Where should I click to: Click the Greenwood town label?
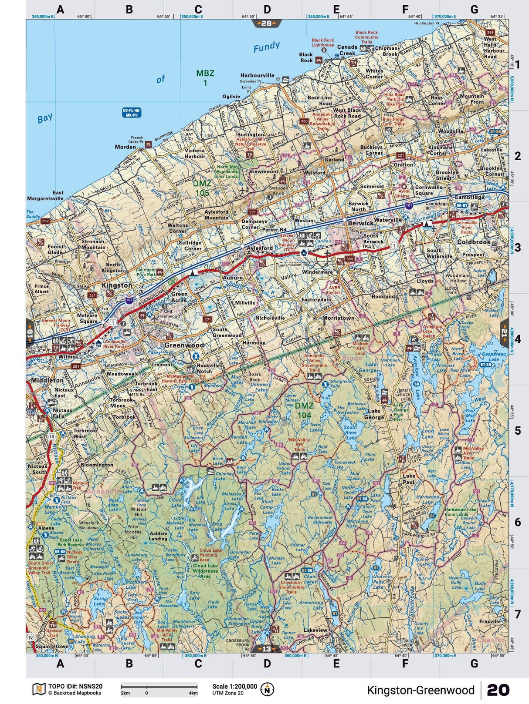184,345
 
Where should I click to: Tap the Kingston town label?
117,285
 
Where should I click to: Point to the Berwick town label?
361,223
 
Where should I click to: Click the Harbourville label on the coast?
257,75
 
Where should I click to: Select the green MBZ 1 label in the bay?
205,78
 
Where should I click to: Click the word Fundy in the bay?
266,47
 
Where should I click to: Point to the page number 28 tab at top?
266,23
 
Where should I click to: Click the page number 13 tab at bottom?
266,649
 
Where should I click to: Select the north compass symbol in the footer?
267,689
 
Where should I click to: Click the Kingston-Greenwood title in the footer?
420,690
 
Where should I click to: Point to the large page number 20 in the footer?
498,690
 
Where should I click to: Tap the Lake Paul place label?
408,479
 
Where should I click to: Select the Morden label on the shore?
125,147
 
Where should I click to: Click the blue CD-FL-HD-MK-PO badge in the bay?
132,113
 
